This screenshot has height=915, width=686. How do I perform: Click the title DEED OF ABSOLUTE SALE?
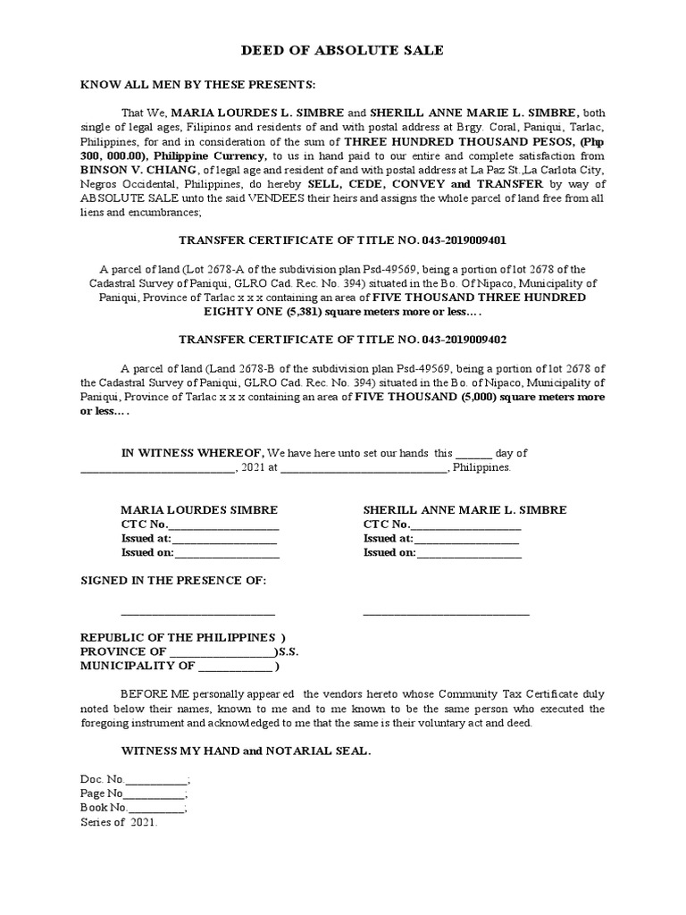pyautogui.click(x=342, y=51)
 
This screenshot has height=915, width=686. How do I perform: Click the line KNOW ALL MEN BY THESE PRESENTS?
pyautogui.click(x=198, y=85)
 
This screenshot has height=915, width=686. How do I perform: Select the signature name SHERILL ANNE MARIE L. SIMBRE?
pyautogui.click(x=464, y=510)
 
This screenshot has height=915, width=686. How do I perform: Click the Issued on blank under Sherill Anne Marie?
pyautogui.click(x=469, y=554)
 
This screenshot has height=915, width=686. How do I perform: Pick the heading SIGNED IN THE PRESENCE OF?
pyautogui.click(x=173, y=582)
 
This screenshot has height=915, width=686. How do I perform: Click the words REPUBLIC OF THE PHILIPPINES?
pyautogui.click(x=178, y=637)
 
